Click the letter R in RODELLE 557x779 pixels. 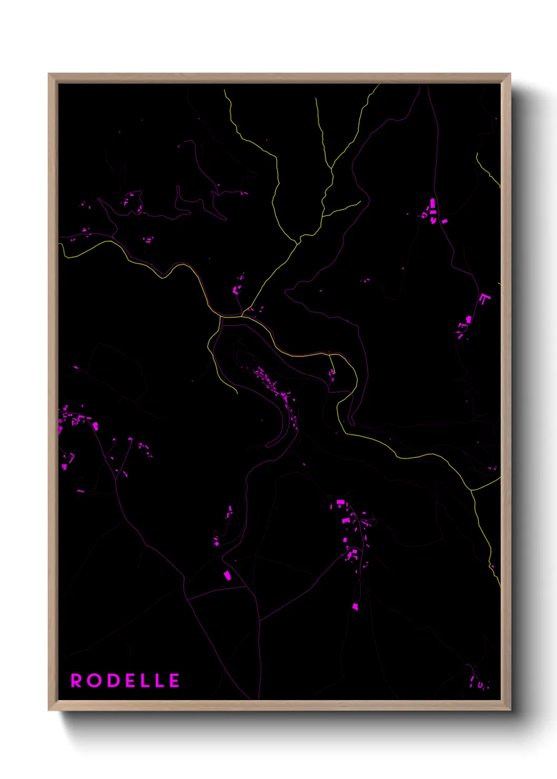pos(76,681)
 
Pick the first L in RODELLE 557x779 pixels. pos(146,681)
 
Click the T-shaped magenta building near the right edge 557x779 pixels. pos(483,299)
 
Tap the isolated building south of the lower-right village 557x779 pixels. pos(355,606)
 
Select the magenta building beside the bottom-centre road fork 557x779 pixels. pos(227,575)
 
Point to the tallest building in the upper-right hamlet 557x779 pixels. pos(433,203)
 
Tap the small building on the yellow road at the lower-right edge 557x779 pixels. pos(493,567)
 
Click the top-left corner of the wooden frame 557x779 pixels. pos(49,74)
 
